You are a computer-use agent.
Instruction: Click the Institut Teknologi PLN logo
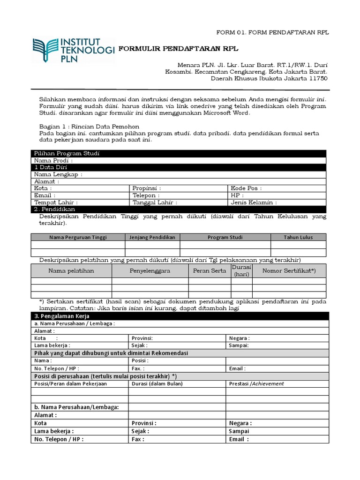[x=73, y=50]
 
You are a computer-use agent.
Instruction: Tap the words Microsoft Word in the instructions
[x=227, y=113]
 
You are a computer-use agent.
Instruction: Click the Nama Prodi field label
[x=53, y=161]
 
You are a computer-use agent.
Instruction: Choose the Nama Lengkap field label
[x=58, y=174]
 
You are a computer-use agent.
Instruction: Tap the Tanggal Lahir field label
[x=155, y=202]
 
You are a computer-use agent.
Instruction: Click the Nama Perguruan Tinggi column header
[x=78, y=237]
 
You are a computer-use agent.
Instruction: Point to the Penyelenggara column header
[x=150, y=271]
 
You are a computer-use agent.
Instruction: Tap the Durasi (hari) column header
[x=241, y=270]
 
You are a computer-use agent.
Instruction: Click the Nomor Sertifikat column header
[x=289, y=271]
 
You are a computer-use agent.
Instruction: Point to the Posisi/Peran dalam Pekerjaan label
[x=71, y=383]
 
